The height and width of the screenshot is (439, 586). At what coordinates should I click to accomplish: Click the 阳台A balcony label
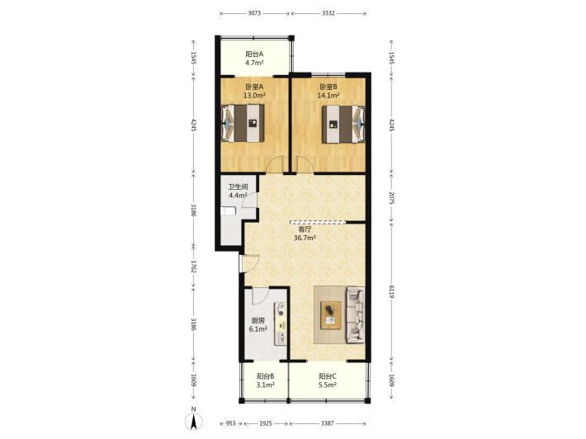pos(254,54)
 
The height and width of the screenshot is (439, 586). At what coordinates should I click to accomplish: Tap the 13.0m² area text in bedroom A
pos(254,96)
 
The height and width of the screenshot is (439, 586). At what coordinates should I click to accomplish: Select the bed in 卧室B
pos(343,124)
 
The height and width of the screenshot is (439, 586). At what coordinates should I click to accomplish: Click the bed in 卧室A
pos(243,123)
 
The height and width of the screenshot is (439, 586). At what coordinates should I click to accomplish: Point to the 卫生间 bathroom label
pos(238,186)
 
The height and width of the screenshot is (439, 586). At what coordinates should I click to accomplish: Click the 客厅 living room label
pos(305,229)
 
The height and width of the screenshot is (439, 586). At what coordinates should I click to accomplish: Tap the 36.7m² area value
pos(305,238)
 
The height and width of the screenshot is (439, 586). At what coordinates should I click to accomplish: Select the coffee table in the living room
pos(331,315)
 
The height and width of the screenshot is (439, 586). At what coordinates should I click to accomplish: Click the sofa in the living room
pos(356,315)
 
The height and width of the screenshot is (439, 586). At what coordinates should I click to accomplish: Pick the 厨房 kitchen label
pos(258,320)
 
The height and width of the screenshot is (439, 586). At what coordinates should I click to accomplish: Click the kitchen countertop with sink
pos(281,323)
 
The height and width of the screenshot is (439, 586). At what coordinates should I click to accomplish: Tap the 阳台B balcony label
pos(266,376)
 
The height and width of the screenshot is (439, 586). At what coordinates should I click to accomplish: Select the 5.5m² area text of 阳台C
pos(328,385)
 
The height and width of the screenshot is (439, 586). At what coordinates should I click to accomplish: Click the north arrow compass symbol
pos(194,422)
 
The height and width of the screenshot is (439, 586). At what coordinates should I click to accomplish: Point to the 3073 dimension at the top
pos(254,13)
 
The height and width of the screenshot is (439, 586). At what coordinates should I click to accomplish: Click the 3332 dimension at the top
pos(328,13)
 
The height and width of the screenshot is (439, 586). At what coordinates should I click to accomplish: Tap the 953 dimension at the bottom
pos(231,423)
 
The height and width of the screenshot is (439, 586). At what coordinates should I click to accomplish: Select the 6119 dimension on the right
pos(391,291)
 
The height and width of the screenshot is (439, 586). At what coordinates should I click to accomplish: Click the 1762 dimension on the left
pos(194,267)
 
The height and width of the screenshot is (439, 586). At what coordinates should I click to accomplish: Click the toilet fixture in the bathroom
pos(228,211)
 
